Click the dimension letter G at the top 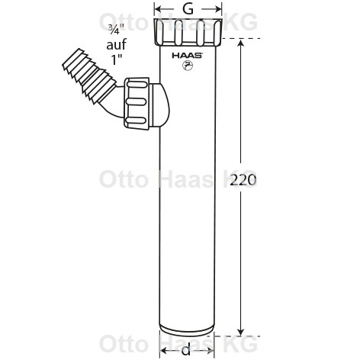click(x=188, y=10)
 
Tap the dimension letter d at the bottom click(x=186, y=350)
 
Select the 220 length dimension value click(x=243, y=181)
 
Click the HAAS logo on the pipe click(x=188, y=56)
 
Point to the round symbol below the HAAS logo click(x=188, y=66)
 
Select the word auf click(x=116, y=44)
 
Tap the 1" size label click(x=116, y=59)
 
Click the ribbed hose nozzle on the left click(x=89, y=76)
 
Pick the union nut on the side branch click(x=137, y=102)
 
